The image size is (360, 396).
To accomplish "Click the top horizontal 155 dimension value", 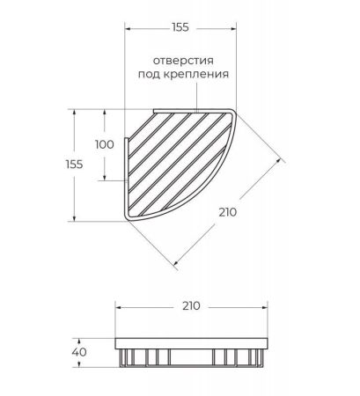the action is coord(180,27).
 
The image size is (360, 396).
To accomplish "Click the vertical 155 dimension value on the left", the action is coord(74,165).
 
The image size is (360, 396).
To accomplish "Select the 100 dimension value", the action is coord(105,144).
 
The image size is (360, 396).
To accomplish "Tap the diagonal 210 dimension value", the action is coord(228,212).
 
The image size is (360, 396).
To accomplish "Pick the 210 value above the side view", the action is coord(191,306).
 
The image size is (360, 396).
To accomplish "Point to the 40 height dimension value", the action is coord(79,352).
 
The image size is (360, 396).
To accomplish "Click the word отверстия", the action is coord(183,61).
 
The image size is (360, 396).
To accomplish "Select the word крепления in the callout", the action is coord(195,74).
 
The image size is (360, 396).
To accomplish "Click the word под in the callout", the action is coord(149,74).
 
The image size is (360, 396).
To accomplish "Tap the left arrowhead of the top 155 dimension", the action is coord(128,28).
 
